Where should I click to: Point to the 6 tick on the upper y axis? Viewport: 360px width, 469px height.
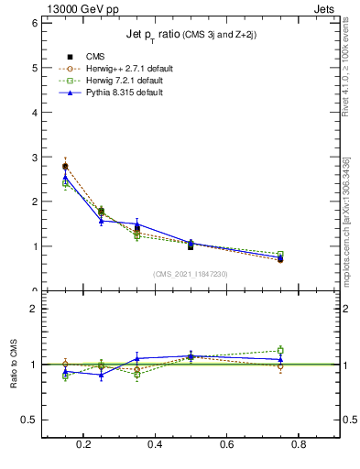(x=34, y=23)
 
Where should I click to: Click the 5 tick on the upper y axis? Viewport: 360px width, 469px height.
(x=34, y=68)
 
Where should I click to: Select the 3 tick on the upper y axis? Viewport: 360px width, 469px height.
(x=34, y=158)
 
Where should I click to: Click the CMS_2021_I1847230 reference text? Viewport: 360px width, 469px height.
(x=191, y=275)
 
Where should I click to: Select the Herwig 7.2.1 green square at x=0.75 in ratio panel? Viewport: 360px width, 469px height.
(x=280, y=350)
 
